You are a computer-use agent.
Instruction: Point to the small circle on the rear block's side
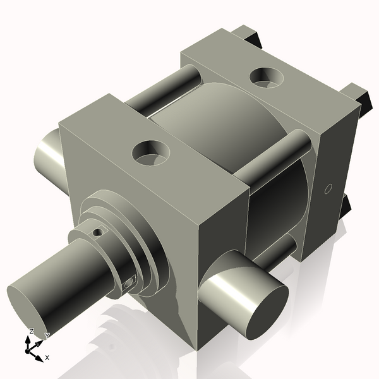[327, 188]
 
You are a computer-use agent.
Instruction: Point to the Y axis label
[47, 336]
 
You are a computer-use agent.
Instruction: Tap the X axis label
[47, 358]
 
